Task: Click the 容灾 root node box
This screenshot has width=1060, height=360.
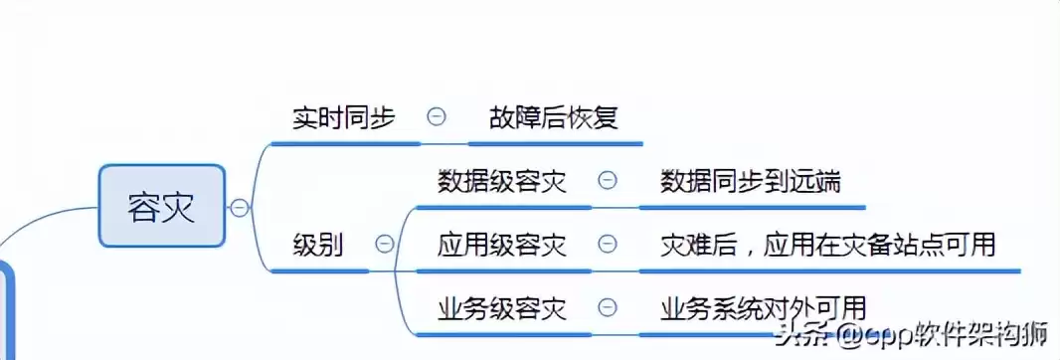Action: tap(161, 206)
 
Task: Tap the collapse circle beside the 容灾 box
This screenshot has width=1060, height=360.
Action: tap(239, 207)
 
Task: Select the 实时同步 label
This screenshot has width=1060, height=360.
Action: tap(344, 117)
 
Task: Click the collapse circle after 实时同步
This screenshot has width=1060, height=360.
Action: tap(436, 116)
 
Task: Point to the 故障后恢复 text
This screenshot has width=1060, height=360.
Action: tap(554, 117)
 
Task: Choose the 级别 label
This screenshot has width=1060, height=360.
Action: tap(318, 245)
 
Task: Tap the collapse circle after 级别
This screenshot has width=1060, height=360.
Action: tap(384, 244)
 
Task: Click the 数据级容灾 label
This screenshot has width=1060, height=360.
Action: tap(502, 181)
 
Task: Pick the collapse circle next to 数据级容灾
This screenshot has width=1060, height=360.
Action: tap(607, 180)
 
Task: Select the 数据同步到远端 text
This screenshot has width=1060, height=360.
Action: tap(751, 181)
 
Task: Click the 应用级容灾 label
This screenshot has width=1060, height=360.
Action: tap(502, 245)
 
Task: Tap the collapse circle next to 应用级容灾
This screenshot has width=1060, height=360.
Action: tap(607, 244)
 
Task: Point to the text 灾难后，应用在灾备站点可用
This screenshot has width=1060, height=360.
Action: tap(827, 245)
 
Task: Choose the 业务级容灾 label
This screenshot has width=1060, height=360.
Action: tap(502, 308)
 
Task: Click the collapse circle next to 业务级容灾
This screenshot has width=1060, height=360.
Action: tap(607, 307)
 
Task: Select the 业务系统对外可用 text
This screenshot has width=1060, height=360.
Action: tap(763, 308)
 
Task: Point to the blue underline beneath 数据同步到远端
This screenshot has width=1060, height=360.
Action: tap(751, 208)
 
